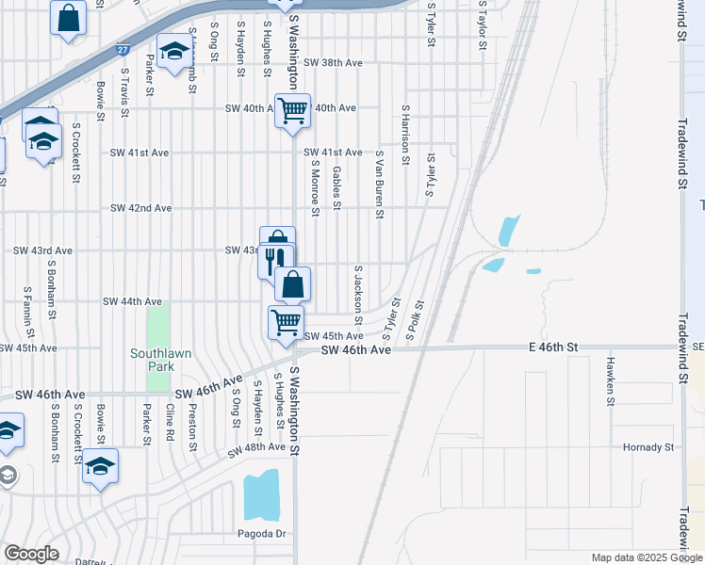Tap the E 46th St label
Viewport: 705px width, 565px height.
click(554, 348)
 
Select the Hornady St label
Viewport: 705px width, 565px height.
click(649, 447)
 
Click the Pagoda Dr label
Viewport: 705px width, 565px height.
click(260, 534)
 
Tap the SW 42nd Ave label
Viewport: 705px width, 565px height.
click(140, 208)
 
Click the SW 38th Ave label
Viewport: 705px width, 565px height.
click(334, 63)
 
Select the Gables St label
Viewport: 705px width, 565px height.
click(336, 188)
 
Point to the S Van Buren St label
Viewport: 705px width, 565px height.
click(379, 185)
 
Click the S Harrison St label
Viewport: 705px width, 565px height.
click(404, 136)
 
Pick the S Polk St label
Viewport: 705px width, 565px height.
click(416, 320)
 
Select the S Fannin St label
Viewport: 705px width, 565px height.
click(28, 313)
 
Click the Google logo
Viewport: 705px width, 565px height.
click(31, 554)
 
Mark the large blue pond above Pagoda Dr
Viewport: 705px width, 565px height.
click(263, 493)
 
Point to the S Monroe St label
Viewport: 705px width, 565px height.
click(315, 187)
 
